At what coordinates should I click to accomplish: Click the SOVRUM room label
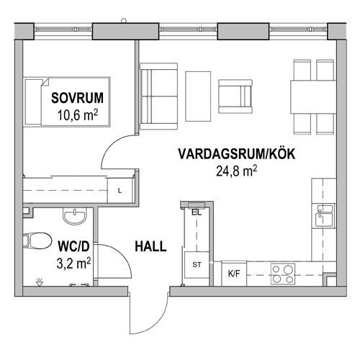(77, 98)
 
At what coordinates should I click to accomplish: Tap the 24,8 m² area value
(236, 171)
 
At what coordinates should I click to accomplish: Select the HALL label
(150, 246)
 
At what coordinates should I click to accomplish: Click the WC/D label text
(73, 246)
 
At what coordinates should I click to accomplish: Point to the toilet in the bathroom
(37, 240)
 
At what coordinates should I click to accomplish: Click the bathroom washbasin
(75, 216)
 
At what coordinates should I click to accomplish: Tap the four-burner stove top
(283, 274)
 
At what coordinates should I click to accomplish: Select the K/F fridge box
(234, 274)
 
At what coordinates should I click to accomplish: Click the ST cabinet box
(197, 265)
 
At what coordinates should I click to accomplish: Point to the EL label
(197, 212)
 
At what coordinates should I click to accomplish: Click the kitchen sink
(325, 215)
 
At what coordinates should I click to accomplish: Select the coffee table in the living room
(198, 96)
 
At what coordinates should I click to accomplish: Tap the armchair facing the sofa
(235, 96)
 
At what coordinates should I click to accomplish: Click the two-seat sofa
(158, 96)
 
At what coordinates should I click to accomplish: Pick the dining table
(313, 97)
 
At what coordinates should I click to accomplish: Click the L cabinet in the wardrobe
(120, 191)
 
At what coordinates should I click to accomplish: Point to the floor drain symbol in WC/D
(39, 282)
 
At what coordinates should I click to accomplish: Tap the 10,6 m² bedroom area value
(77, 115)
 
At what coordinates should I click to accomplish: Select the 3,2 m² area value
(73, 263)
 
